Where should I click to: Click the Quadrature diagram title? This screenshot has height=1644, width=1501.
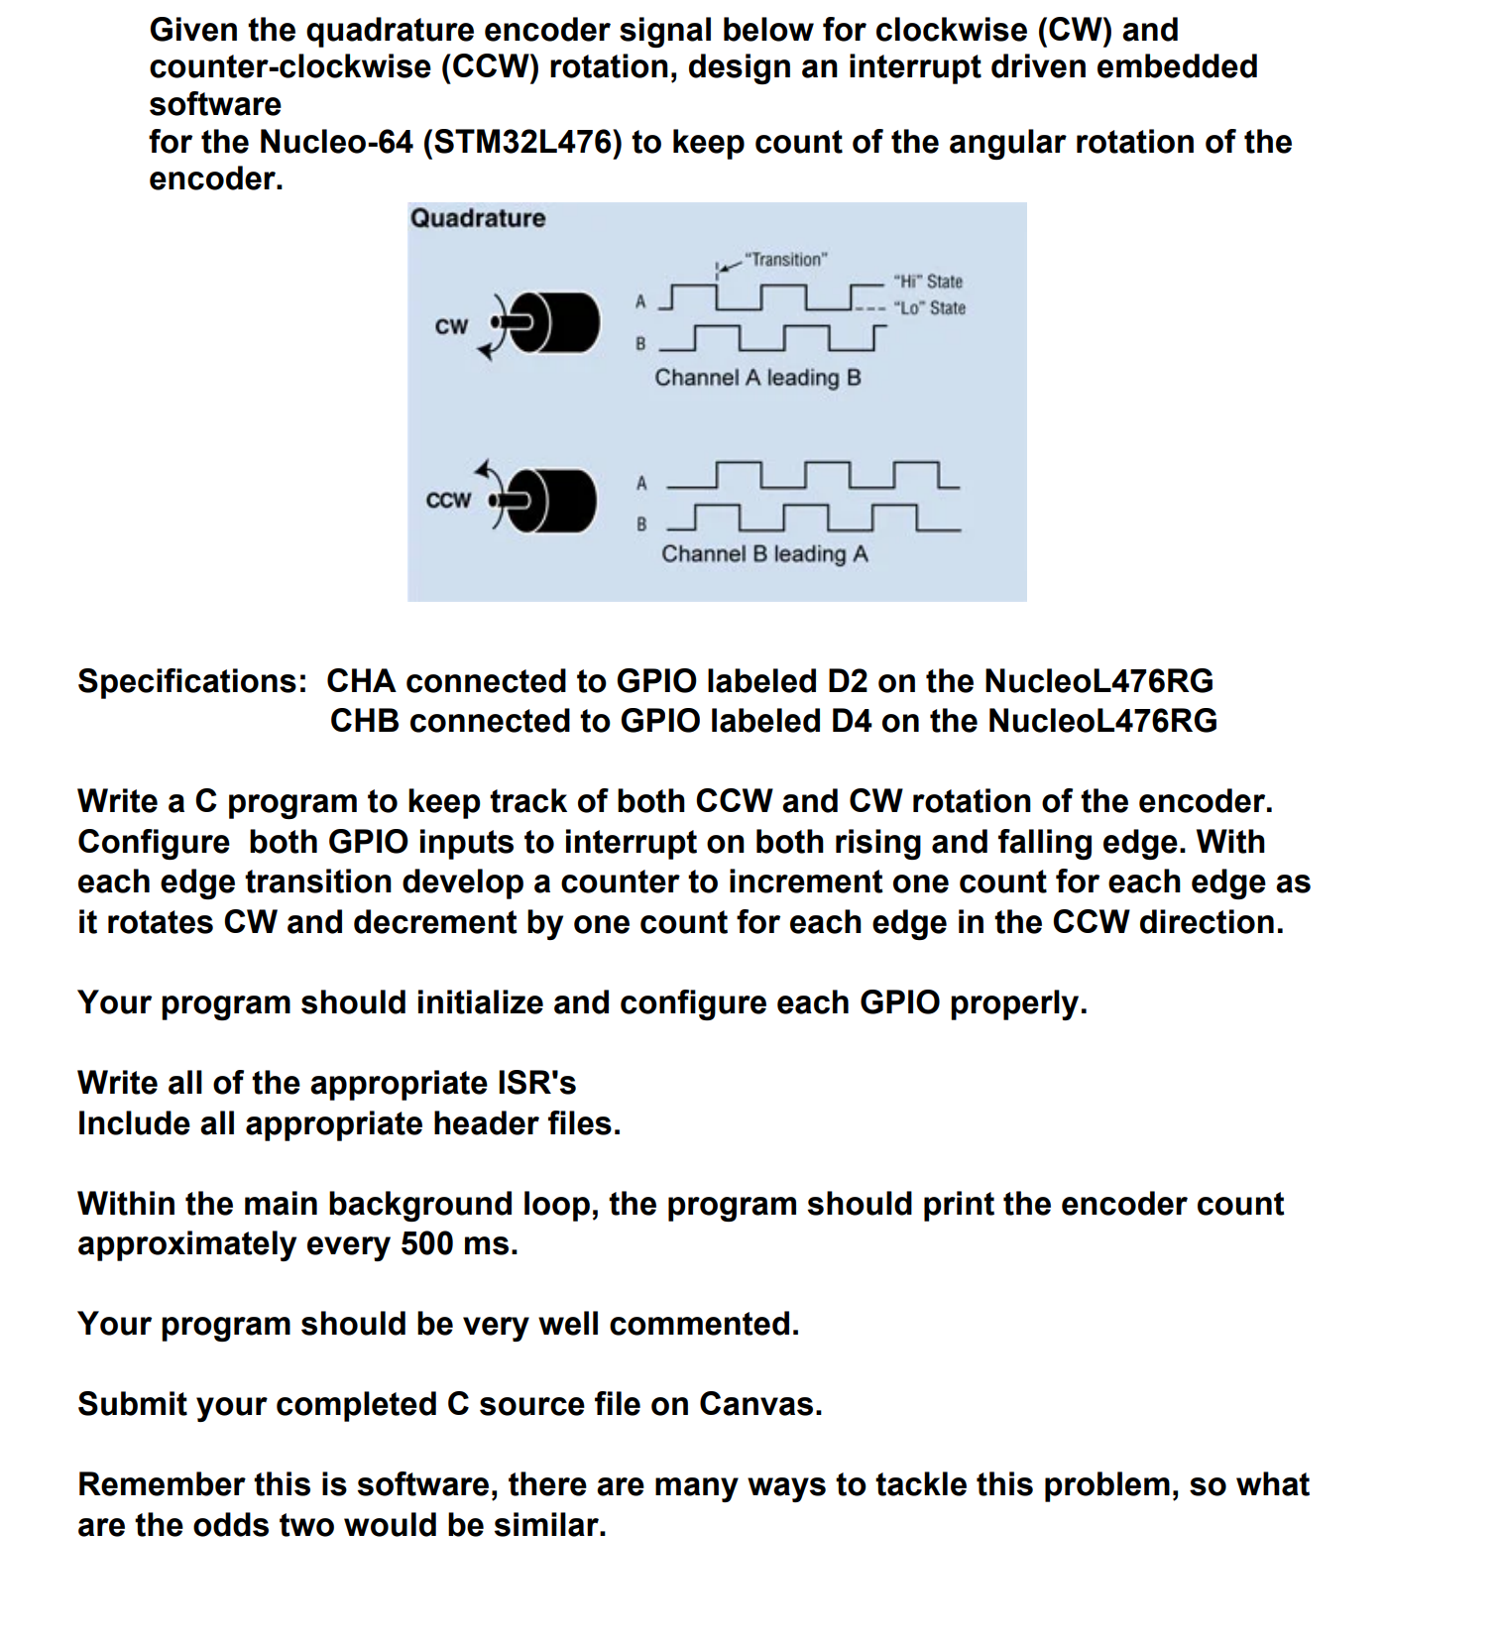(478, 218)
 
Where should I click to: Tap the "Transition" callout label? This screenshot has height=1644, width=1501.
(786, 260)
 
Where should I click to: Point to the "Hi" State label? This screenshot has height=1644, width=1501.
(928, 282)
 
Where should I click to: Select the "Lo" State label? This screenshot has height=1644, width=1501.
(929, 308)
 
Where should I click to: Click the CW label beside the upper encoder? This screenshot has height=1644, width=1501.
(451, 326)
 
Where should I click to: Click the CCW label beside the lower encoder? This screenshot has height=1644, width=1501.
(448, 500)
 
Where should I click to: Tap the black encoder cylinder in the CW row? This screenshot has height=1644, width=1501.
(560, 323)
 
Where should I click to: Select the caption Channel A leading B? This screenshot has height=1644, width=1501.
(757, 378)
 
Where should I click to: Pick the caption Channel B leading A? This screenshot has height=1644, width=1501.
(764, 554)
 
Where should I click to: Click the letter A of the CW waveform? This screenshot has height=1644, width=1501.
(640, 301)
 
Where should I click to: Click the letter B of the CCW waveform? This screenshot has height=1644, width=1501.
(641, 525)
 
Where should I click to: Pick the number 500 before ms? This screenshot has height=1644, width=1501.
(426, 1243)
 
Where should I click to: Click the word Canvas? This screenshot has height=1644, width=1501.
(759, 1404)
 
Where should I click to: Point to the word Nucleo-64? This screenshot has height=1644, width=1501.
(336, 142)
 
